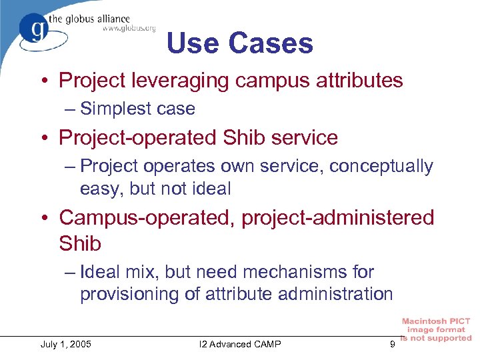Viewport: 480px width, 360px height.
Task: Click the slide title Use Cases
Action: (x=239, y=43)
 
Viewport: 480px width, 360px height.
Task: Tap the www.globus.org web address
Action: (x=129, y=28)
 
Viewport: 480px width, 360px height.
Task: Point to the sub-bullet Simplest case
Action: (x=137, y=109)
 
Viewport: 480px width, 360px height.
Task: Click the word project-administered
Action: (x=338, y=217)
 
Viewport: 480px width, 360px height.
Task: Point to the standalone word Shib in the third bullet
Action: (x=80, y=243)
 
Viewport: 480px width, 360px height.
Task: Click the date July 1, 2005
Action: (x=66, y=344)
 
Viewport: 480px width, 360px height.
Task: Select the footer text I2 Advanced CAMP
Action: (x=240, y=344)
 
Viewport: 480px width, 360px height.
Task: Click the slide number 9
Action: (x=392, y=344)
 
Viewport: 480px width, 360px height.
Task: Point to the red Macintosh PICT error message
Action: (x=437, y=330)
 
